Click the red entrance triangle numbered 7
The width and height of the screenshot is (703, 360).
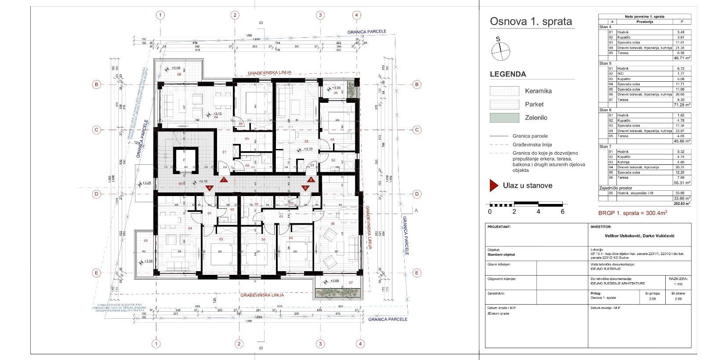(223, 179)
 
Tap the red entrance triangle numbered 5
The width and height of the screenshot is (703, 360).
(305, 188)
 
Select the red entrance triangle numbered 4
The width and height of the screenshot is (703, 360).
(210, 188)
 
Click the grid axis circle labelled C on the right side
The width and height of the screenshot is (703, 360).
(417, 130)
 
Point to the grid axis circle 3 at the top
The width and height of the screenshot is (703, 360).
(320, 15)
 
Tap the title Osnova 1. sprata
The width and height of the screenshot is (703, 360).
(531, 21)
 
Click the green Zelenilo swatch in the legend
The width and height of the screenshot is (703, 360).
(504, 117)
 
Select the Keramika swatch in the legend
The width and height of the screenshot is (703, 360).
(504, 91)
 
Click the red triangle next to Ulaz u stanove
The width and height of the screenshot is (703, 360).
(494, 185)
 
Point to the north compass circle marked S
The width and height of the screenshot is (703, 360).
(501, 51)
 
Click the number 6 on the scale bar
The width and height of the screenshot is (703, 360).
(562, 211)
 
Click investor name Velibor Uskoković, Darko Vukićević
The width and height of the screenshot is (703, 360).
(641, 236)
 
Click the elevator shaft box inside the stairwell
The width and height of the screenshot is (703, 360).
(185, 159)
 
